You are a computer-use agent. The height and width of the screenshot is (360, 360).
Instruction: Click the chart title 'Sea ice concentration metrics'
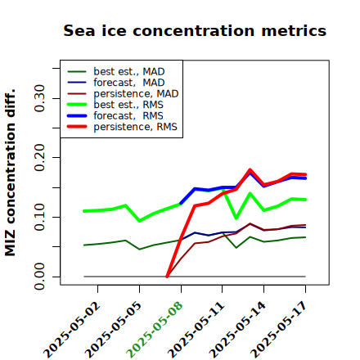coord(195,30)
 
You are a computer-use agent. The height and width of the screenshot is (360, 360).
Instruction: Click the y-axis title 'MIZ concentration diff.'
coord(10,173)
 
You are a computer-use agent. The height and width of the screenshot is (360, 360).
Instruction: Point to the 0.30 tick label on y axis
coord(40,98)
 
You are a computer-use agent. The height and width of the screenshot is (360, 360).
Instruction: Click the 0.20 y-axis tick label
coord(40,157)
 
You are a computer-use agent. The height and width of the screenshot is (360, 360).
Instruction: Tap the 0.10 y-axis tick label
coord(40,217)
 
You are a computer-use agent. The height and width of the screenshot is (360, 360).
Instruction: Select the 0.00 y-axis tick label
coord(40,277)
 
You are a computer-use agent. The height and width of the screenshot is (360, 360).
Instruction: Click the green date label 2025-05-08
coord(155,330)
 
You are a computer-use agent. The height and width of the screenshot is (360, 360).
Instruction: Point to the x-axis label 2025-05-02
coord(72,330)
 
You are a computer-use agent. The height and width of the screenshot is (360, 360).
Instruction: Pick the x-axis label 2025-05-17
coord(279,330)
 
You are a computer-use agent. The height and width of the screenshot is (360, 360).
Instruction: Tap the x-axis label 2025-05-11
coord(196,330)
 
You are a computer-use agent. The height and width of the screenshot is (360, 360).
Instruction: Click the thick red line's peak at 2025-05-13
coord(250,170)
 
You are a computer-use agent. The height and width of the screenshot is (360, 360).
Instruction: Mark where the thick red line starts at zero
coord(167,277)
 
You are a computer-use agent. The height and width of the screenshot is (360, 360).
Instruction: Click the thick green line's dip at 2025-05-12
coord(236,218)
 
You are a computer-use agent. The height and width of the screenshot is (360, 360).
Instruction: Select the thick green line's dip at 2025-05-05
coord(140,221)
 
